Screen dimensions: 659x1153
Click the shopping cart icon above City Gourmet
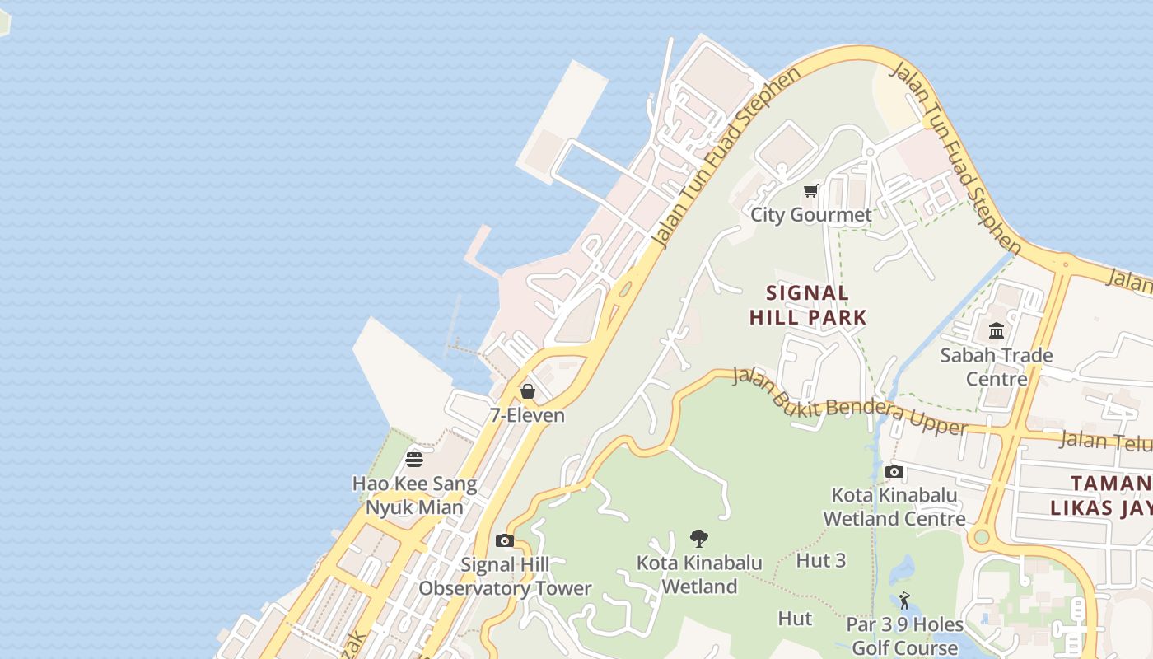[811, 191]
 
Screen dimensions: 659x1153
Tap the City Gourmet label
[810, 215]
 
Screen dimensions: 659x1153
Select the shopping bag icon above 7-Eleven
[528, 391]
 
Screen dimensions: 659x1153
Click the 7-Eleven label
[528, 415]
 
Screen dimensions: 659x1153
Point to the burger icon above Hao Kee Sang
[414, 459]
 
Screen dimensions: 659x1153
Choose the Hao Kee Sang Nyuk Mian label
[414, 495]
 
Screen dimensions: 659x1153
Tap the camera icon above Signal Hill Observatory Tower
[505, 541]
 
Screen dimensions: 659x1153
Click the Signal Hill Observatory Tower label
[505, 577]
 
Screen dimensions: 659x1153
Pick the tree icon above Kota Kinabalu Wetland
[699, 540]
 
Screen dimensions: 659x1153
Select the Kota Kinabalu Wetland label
[699, 575]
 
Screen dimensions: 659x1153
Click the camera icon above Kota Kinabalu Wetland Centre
[894, 472]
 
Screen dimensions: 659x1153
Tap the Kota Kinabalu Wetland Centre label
[894, 507]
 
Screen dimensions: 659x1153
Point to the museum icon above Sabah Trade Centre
[997, 331]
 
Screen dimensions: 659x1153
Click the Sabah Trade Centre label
[997, 367]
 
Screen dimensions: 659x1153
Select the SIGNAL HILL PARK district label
[808, 305]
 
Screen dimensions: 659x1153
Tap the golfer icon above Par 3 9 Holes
[904, 601]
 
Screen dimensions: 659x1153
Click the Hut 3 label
[821, 560]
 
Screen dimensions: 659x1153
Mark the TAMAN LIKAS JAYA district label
[1111, 495]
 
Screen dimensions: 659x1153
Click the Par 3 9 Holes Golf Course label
[904, 636]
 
